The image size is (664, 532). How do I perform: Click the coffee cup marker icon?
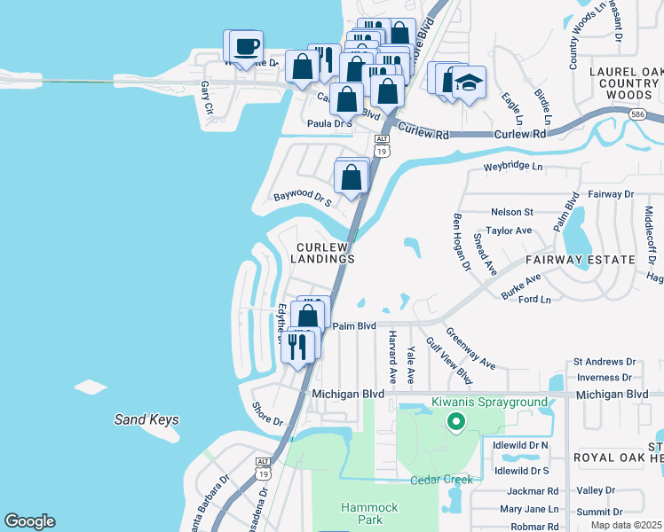pos(248,47)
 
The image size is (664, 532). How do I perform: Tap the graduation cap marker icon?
pos(467,83)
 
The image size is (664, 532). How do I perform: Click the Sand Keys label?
pos(146,419)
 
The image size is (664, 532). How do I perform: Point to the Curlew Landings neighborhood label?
pos(326,253)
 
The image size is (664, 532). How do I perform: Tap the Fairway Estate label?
pos(580,260)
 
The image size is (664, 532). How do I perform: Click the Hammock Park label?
pos(362,512)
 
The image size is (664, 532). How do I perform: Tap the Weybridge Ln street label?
pos(512,166)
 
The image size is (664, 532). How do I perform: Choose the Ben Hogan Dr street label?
pos(460,240)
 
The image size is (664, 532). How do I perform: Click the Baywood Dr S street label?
pos(302,198)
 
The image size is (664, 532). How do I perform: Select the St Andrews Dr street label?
pos(605,362)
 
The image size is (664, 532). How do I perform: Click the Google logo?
pos(29,521)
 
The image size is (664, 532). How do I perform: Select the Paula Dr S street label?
pos(330,124)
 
